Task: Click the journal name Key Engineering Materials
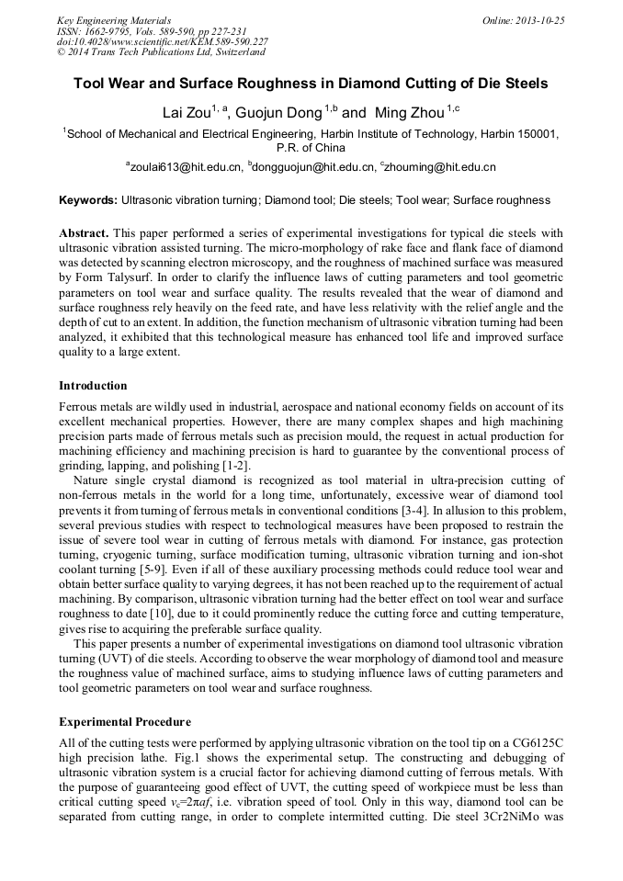113,19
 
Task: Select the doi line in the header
163,41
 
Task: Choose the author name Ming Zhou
408,113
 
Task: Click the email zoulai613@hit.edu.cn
187,167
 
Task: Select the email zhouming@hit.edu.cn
440,167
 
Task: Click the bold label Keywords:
88,199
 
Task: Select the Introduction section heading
93,385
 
